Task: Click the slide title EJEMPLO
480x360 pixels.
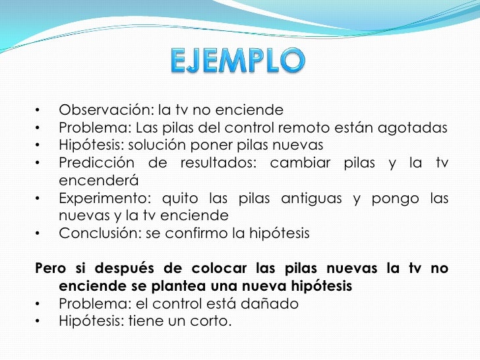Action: click(x=239, y=62)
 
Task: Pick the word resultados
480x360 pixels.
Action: click(x=222, y=162)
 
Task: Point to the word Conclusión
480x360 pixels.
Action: click(x=94, y=233)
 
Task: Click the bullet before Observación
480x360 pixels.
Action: click(x=39, y=109)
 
